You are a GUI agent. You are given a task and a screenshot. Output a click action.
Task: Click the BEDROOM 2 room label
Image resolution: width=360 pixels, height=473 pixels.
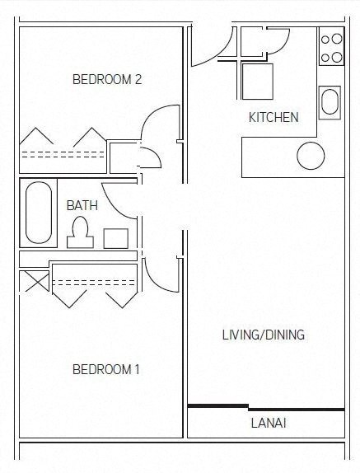(x=107, y=80)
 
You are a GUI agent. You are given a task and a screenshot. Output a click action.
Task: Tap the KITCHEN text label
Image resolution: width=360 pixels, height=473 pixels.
(x=274, y=117)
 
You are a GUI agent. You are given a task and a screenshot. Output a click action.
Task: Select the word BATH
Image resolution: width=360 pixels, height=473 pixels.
(x=82, y=204)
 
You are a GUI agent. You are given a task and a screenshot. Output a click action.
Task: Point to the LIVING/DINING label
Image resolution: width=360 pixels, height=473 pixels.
(x=264, y=335)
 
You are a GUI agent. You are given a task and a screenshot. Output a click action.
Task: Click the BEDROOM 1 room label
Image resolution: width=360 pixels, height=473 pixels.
(x=106, y=369)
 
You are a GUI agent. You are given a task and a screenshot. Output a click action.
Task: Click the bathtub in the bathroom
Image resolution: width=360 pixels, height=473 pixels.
(x=39, y=213)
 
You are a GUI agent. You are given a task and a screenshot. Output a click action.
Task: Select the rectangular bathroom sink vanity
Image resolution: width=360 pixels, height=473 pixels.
(x=115, y=238)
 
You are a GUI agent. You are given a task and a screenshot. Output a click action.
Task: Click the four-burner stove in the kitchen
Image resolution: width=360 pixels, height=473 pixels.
(x=331, y=48)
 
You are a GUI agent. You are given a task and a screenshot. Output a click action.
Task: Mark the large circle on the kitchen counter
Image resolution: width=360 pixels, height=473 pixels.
(x=311, y=155)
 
